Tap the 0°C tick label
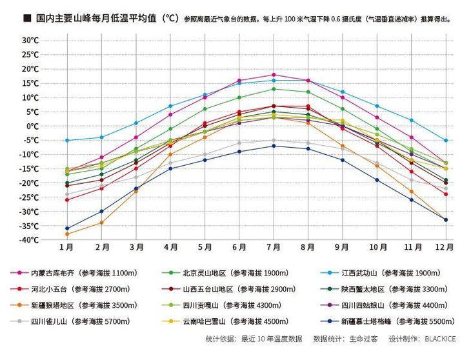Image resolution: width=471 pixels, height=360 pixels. (32, 126)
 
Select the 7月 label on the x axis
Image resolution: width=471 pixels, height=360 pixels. (274, 247)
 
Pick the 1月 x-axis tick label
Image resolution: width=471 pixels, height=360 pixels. (66, 247)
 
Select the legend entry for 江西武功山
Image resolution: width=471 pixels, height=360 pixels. (379, 273)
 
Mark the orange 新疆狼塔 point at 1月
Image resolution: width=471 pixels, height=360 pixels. (67, 234)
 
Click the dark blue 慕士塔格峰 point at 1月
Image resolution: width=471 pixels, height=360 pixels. (67, 228)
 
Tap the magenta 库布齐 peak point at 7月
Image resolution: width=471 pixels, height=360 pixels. (274, 75)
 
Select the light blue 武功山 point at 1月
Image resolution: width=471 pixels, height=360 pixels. (67, 140)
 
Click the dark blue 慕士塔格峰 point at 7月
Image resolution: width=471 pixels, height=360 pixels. (274, 146)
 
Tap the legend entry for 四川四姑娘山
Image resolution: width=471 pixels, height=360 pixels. (379, 305)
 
